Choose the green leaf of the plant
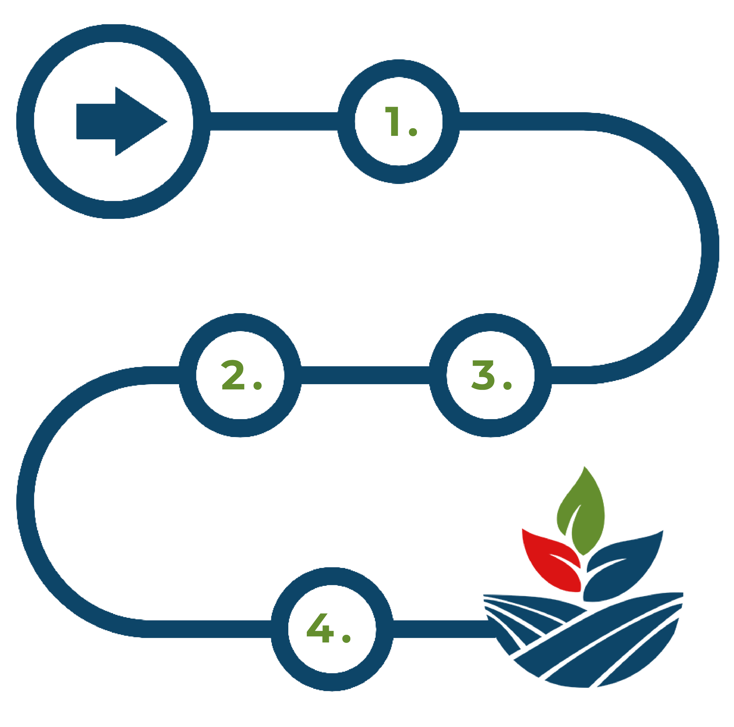pyautogui.click(x=581, y=513)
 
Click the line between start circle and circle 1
pyautogui.click(x=274, y=122)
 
